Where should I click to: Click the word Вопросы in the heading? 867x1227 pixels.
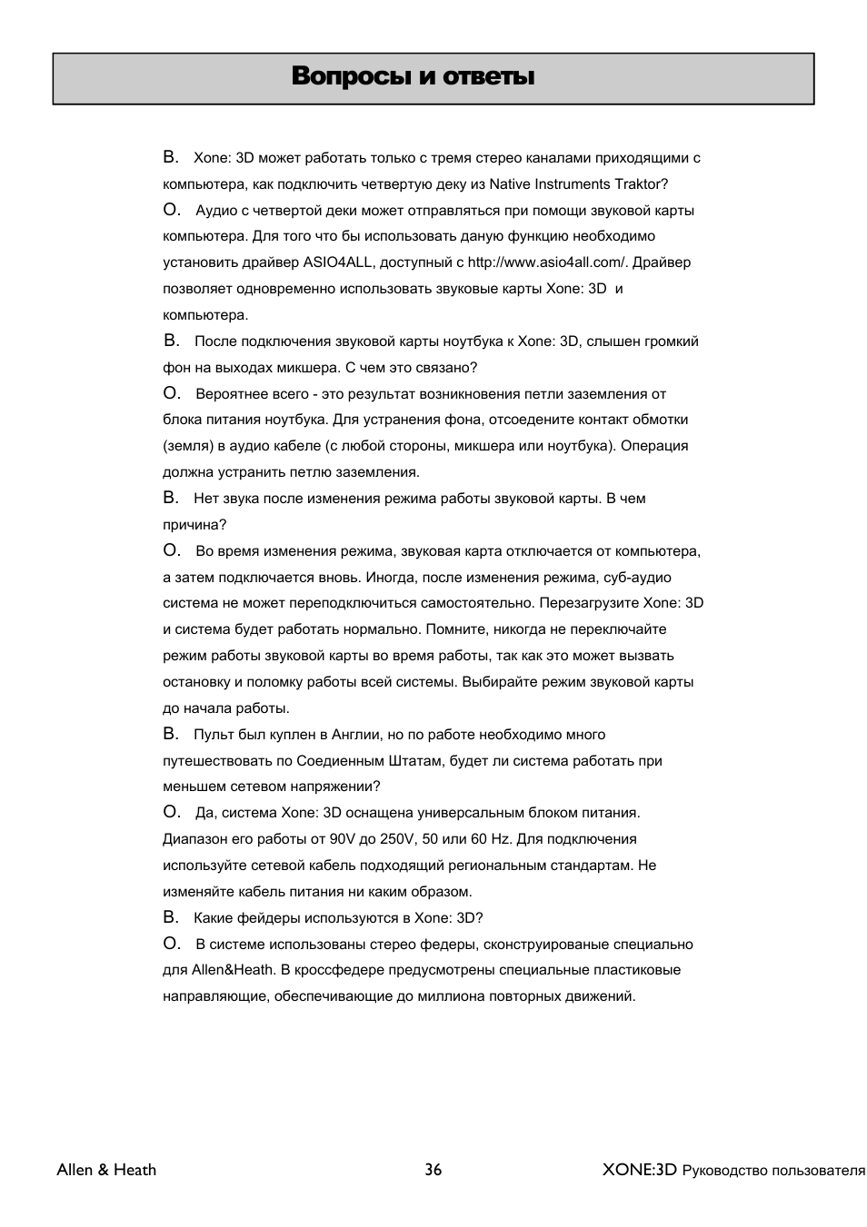pos(351,77)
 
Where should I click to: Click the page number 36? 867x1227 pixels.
pos(433,1170)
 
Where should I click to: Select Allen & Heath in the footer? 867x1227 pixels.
pos(106,1170)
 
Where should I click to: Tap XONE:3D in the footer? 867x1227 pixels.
pos(640,1170)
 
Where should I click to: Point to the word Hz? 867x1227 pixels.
pos(501,839)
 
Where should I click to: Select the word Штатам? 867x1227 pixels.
pos(414,761)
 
